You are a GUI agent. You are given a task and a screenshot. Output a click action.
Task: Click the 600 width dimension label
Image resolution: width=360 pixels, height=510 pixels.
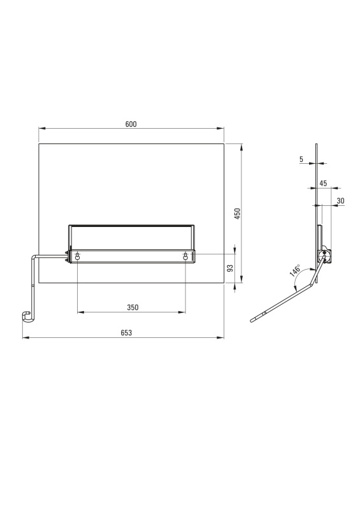(x=131, y=124)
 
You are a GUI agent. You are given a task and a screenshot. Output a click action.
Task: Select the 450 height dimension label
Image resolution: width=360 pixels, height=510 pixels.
(x=238, y=214)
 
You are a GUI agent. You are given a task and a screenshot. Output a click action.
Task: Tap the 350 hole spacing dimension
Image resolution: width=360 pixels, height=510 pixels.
(x=133, y=307)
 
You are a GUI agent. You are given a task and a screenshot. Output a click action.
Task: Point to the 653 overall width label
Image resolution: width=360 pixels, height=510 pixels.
(x=126, y=333)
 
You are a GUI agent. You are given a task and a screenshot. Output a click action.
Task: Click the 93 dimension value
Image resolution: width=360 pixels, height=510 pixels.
(x=230, y=268)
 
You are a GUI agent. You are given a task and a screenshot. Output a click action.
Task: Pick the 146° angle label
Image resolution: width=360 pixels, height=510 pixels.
(x=296, y=271)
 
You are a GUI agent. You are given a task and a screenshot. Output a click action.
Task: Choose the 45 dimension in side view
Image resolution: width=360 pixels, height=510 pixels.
(x=323, y=184)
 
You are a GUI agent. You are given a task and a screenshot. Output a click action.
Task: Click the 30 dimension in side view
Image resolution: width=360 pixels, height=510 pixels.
(x=340, y=201)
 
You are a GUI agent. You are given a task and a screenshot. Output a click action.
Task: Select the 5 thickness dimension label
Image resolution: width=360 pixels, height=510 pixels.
(x=301, y=159)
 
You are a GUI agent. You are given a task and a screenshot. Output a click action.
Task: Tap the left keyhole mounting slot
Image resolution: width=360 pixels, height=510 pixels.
(x=77, y=257)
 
